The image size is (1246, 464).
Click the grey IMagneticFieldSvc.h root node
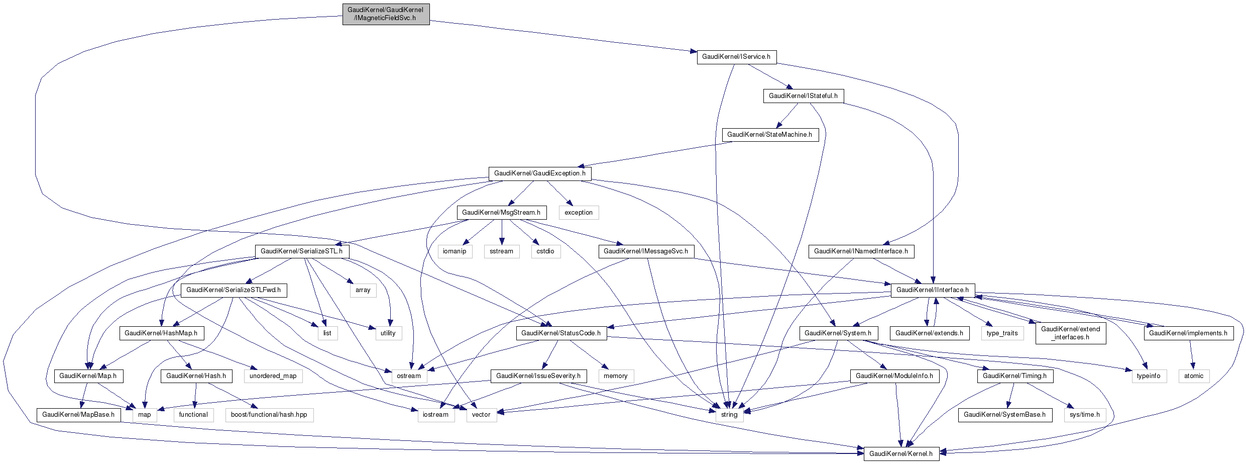pos(386,14)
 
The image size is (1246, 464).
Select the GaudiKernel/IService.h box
pos(736,57)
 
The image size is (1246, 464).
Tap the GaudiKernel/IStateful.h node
pos(803,96)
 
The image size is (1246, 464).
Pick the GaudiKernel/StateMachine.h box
pos(769,135)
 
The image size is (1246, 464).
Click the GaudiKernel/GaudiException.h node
pos(540,173)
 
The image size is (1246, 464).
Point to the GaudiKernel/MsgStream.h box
pos(501,213)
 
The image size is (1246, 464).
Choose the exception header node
pos(579,213)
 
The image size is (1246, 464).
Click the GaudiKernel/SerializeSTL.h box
pos(302,251)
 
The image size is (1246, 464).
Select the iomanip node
pos(455,251)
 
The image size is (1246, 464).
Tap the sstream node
pos(502,251)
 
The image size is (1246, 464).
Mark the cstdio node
pos(545,251)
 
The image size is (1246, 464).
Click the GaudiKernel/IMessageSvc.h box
pos(646,251)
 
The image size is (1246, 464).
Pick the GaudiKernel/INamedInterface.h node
pos(861,251)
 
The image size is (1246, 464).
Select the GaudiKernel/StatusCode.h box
pos(561,333)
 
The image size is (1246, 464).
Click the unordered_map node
pos(273,376)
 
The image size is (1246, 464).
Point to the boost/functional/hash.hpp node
pos(269,415)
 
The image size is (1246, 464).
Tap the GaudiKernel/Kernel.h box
pos(901,454)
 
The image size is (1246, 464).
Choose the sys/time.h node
pos(1085,415)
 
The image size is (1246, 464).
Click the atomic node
pos(1194,376)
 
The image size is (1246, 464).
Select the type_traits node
pos(1002,333)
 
